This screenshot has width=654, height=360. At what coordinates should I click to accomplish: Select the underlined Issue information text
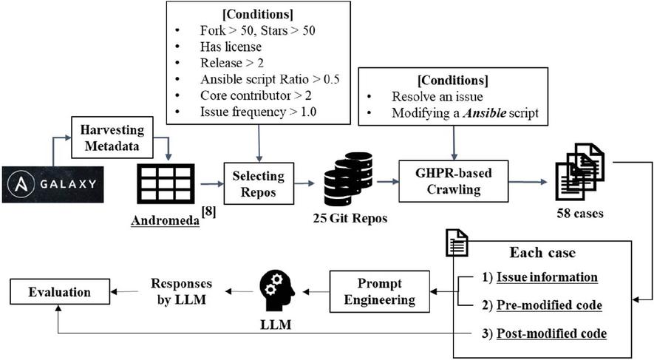coord(546,277)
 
